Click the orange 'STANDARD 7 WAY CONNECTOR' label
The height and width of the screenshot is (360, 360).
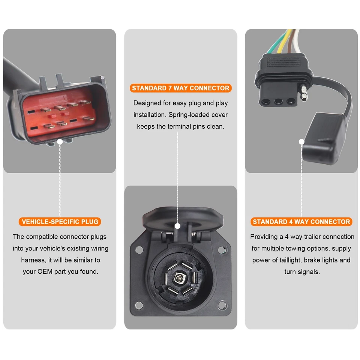(180, 88)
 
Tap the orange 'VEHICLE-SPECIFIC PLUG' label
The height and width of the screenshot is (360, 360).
(60, 222)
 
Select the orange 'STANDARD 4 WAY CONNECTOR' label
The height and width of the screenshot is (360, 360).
(301, 222)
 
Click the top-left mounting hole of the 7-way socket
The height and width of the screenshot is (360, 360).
(139, 249)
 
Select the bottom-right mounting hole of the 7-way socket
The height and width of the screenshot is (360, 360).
(222, 305)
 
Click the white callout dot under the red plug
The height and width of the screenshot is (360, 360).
(60, 142)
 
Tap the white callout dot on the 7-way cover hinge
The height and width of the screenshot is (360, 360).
(177, 226)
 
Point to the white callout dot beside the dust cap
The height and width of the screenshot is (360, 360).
(301, 142)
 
